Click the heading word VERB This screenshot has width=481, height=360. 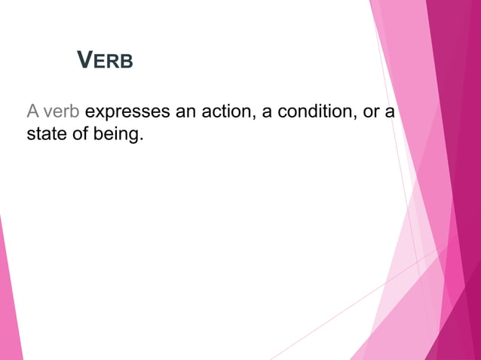pos(106,60)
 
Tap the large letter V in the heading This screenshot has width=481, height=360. pos(85,59)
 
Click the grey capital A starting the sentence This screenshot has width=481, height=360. pos(32,113)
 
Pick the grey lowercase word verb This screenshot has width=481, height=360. pos(61,113)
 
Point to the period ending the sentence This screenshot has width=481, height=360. pos(141,142)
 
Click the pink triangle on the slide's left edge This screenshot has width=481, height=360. pos(9,301)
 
